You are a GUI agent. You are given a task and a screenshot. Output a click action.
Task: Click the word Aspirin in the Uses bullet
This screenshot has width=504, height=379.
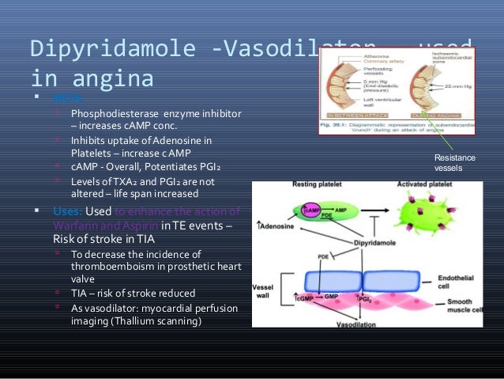137,224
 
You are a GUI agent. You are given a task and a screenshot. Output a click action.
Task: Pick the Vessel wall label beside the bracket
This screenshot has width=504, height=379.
263,290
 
